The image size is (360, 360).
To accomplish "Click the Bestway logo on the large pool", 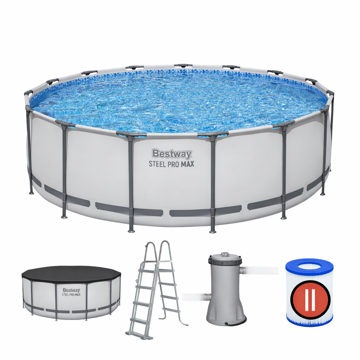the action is pyautogui.click(x=172, y=154).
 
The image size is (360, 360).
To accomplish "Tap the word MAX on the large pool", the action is pyautogui.click(x=188, y=164).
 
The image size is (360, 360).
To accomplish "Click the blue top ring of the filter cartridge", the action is pyautogui.click(x=309, y=266).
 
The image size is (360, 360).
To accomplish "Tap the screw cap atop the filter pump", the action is pyautogui.click(x=225, y=255).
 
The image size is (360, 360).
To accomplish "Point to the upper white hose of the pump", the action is pyautogui.click(x=261, y=270).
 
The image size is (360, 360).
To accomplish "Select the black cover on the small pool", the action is pyautogui.click(x=71, y=275).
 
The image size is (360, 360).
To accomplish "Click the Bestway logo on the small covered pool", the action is pyautogui.click(x=71, y=290).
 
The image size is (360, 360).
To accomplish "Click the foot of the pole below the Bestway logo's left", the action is pyautogui.click(x=131, y=230).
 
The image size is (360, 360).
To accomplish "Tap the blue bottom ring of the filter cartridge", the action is pyautogui.click(x=309, y=321).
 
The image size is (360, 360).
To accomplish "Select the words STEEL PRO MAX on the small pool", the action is pyautogui.click(x=71, y=295).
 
